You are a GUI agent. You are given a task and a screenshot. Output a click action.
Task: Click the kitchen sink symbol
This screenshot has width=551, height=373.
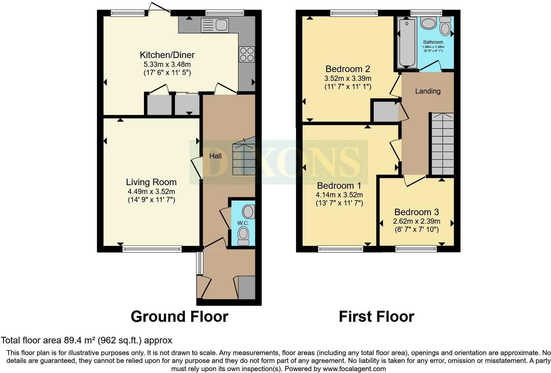tap(215, 25)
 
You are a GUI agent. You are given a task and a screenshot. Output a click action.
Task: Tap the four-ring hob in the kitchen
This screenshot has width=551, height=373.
tap(247, 54)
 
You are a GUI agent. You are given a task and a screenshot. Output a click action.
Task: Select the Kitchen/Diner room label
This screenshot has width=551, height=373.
tap(167, 55)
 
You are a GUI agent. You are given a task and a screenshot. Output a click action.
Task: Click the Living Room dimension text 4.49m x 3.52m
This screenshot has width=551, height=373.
tap(151, 191)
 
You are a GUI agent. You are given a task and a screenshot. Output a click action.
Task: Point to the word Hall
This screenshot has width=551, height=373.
tap(215, 156)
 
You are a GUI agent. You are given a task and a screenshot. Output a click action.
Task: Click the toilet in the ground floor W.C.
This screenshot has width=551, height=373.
tap(243, 235)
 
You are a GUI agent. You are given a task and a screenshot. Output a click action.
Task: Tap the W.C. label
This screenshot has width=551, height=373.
tap(243, 223)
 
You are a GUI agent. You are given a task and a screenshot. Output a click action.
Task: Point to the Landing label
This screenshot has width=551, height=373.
tap(428, 91)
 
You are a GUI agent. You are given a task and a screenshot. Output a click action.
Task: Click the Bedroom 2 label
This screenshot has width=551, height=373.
tap(348, 69)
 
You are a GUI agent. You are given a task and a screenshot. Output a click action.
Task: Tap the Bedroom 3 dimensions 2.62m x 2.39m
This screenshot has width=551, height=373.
tap(417, 221)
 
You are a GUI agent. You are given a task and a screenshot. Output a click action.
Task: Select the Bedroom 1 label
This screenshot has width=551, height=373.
tap(339, 186)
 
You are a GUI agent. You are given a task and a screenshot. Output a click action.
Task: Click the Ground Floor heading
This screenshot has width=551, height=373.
tap(179, 317)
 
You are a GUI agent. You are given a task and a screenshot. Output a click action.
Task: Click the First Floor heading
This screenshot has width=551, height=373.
tap(376, 317)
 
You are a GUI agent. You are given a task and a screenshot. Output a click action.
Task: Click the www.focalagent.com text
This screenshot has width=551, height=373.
tap(354, 369)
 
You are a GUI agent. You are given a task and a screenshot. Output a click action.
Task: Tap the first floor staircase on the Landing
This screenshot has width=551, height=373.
tap(443, 143)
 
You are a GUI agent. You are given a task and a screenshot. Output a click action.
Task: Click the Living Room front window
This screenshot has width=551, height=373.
tap(152, 249)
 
